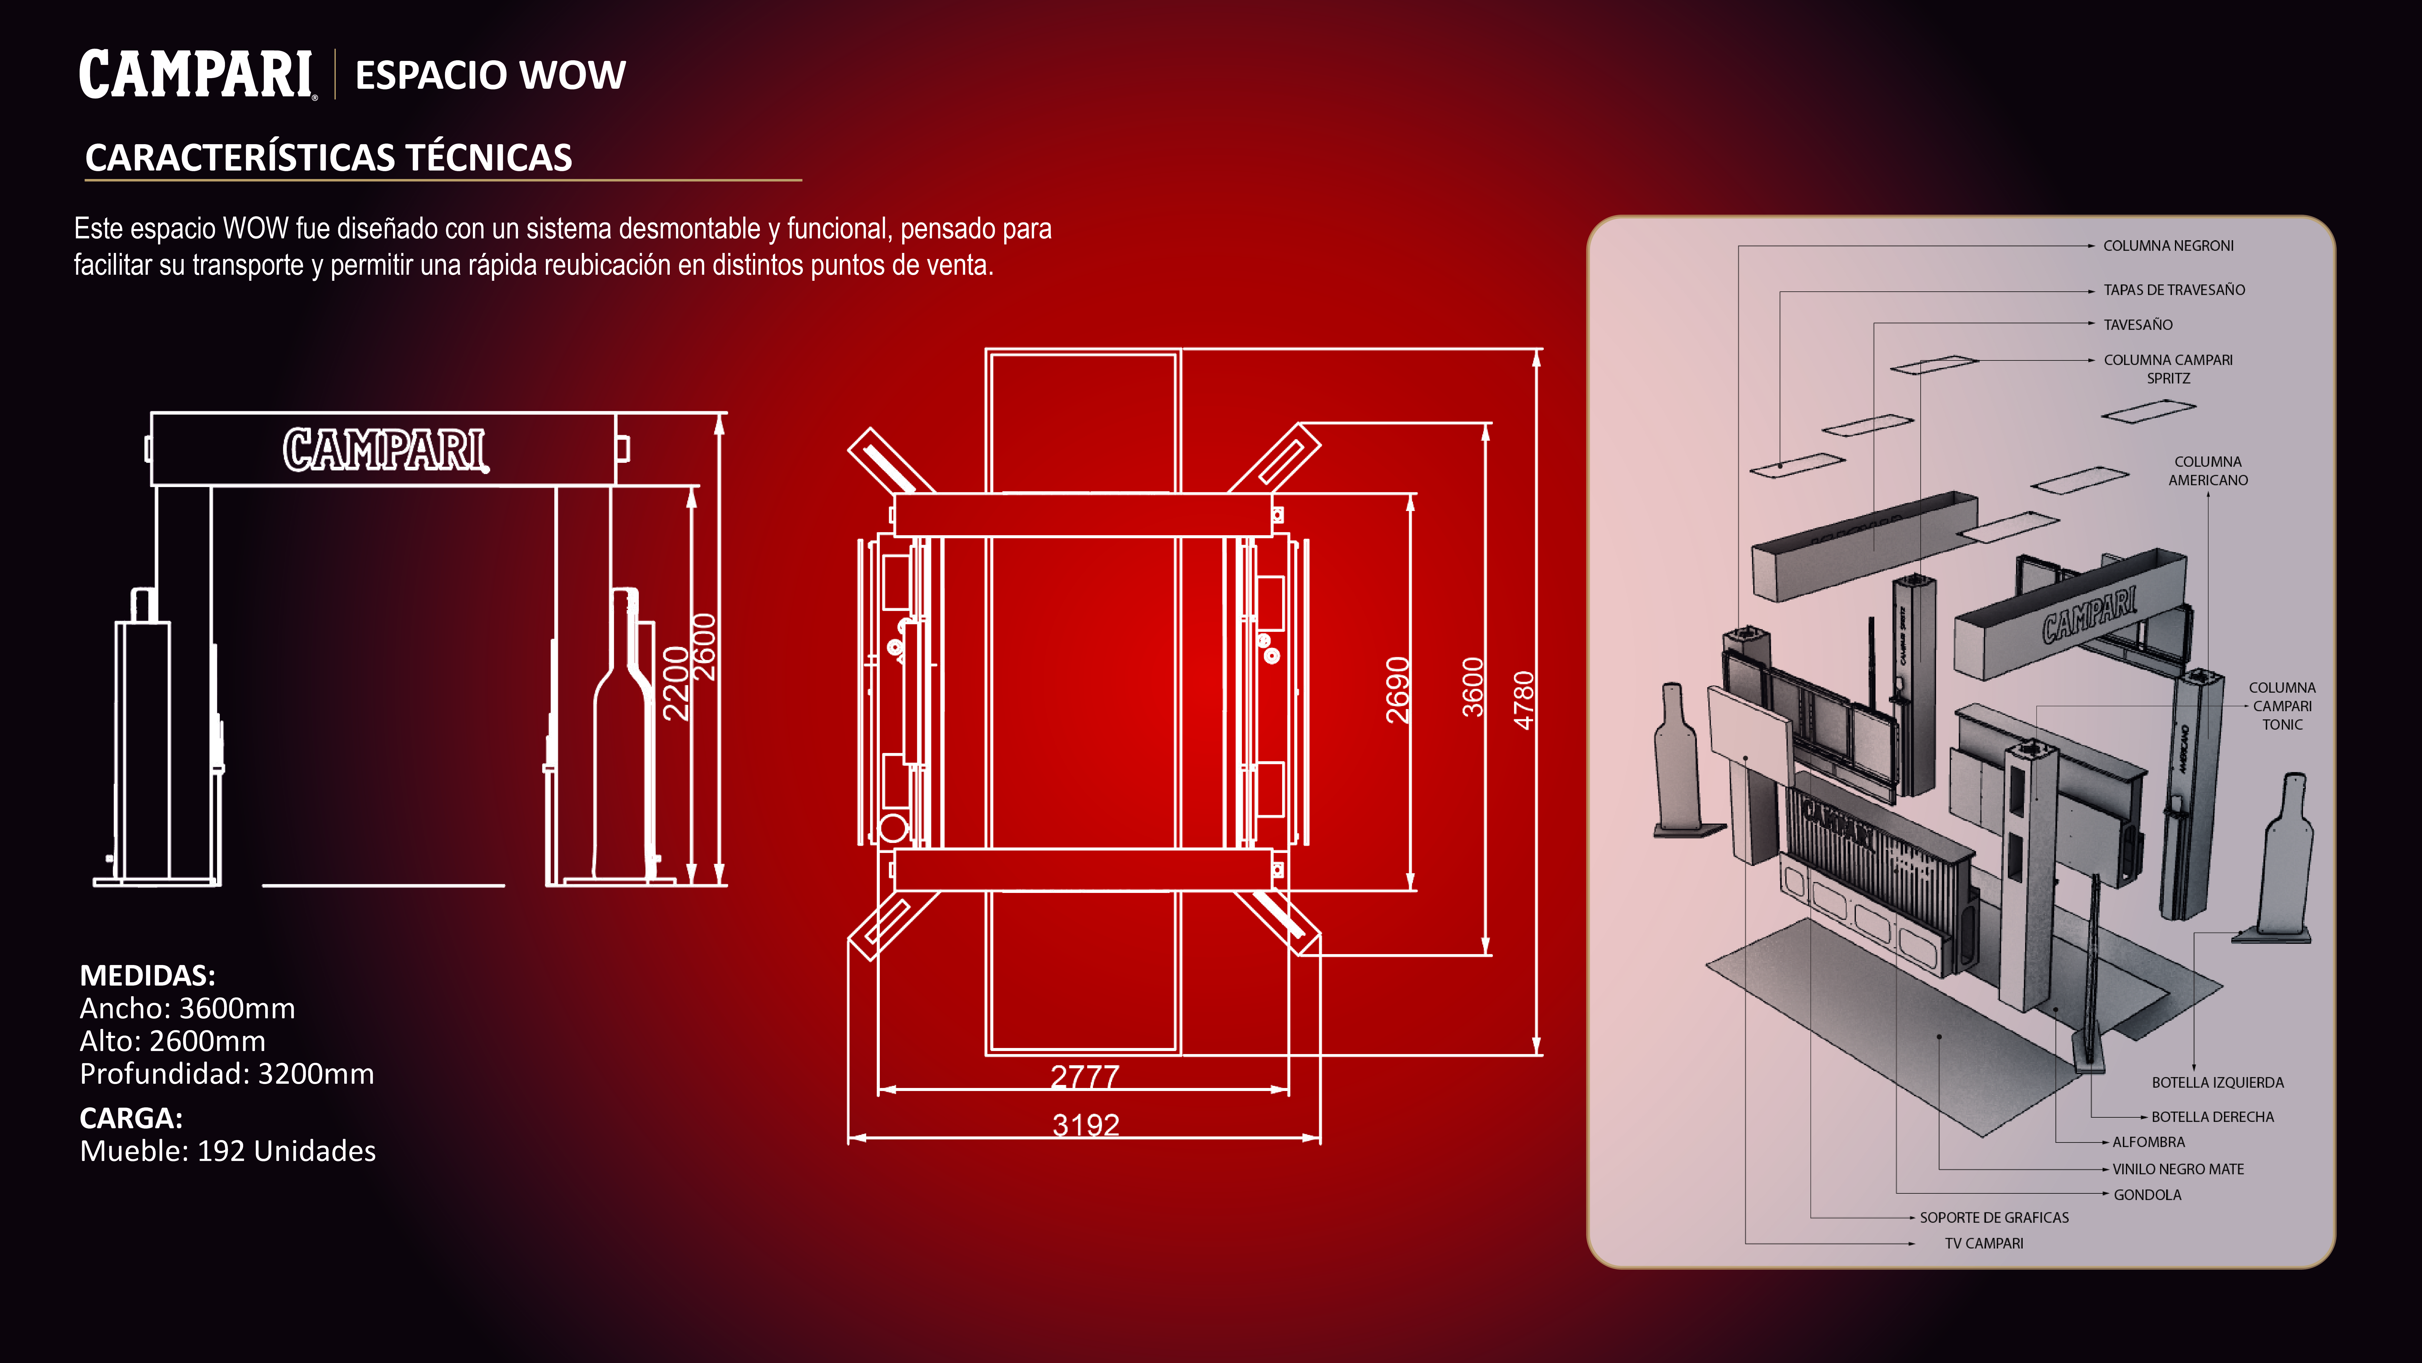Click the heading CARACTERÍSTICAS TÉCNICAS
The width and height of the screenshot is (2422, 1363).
pyautogui.click(x=328, y=157)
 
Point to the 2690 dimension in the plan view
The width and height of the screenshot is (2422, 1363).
pyautogui.click(x=1398, y=689)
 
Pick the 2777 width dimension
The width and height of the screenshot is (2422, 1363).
pyautogui.click(x=1085, y=1076)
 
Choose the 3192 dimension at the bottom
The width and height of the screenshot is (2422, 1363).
pyautogui.click(x=1086, y=1125)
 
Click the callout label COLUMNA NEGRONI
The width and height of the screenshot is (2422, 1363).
pyautogui.click(x=2168, y=246)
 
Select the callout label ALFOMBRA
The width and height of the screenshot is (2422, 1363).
pyautogui.click(x=2148, y=1142)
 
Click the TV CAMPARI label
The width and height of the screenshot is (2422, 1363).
pyautogui.click(x=1984, y=1244)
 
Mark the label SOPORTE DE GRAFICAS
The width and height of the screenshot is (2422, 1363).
pyautogui.click(x=1994, y=1217)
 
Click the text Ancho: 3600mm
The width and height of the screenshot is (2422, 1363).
pyautogui.click(x=187, y=1008)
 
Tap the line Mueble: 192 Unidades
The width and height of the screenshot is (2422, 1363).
pyautogui.click(x=228, y=1151)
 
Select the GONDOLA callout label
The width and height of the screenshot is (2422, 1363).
pyautogui.click(x=2147, y=1195)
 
